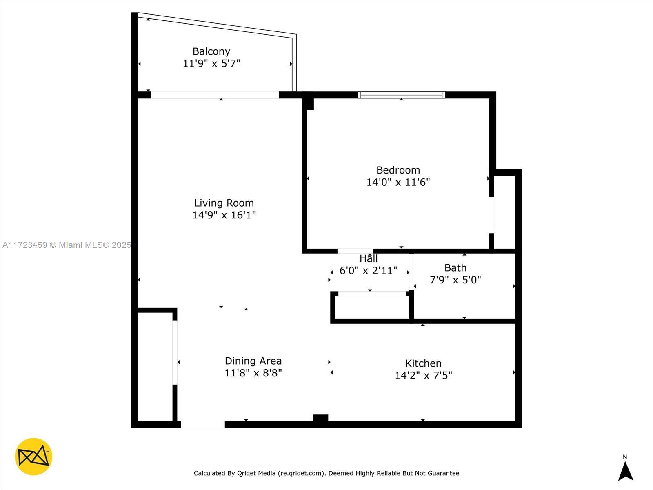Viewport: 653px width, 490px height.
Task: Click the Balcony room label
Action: pos(211,51)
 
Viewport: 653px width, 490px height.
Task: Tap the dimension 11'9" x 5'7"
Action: pos(211,63)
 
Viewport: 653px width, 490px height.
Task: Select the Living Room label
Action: pos(224,203)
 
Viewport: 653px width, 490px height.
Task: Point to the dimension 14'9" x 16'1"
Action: pos(224,215)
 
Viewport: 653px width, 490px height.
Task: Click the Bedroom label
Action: pos(398,170)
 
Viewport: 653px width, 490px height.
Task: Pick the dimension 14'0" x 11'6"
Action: pos(398,182)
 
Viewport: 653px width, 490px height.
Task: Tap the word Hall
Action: pos(369,258)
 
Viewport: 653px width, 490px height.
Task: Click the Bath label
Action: pos(455,268)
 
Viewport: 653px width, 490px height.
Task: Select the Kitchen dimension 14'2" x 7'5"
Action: pos(423,375)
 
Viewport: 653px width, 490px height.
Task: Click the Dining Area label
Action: pos(253,361)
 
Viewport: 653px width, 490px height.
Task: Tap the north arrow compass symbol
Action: pos(625,470)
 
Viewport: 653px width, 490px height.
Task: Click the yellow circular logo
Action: pos(33,457)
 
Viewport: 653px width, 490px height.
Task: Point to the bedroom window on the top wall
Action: pos(401,95)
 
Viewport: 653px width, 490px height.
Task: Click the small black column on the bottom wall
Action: pos(320,418)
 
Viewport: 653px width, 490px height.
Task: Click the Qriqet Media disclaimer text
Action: pos(326,473)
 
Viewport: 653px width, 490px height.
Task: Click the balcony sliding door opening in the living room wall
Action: pos(215,95)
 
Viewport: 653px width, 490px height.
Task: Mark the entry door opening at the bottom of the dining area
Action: pos(203,425)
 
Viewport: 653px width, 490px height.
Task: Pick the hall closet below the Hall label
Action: pos(371,307)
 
